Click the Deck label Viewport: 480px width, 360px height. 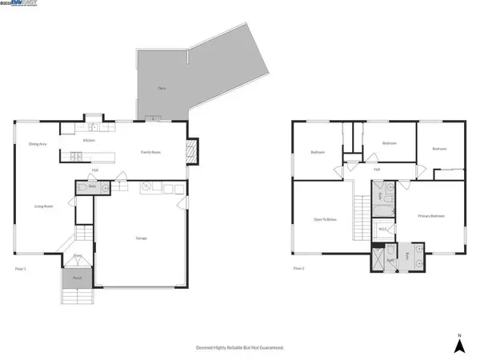(x=162, y=86)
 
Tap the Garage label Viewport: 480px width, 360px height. (x=141, y=238)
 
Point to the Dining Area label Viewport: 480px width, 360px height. (x=36, y=144)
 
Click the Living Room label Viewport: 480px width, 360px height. (x=43, y=206)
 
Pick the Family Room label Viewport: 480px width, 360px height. (x=152, y=151)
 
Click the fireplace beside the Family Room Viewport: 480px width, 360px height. (x=190, y=150)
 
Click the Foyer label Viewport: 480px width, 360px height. (x=78, y=256)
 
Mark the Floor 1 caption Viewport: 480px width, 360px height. (x=20, y=268)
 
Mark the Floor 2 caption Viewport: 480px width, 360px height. (x=298, y=268)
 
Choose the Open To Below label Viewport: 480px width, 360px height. (x=323, y=218)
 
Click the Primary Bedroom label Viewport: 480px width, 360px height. (x=430, y=216)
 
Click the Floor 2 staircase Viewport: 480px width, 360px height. (x=362, y=214)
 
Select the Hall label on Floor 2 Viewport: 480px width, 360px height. (x=376, y=169)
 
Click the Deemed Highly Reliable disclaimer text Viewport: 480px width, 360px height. (x=240, y=348)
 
